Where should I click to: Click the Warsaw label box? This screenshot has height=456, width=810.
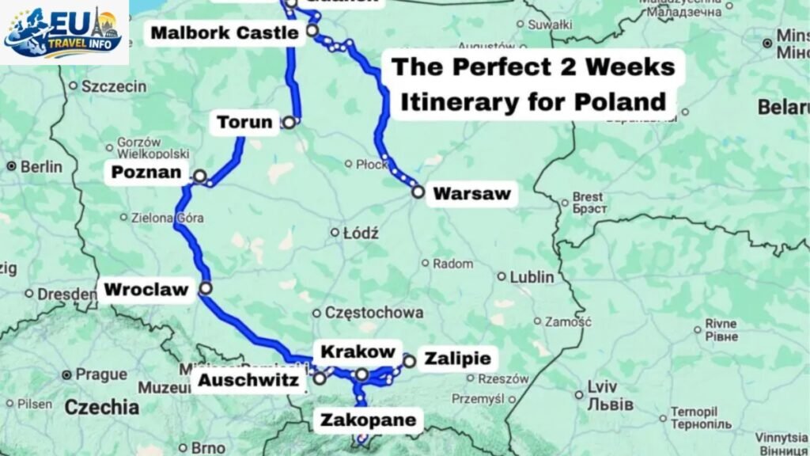472,192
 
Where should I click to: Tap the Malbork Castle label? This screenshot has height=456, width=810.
225,32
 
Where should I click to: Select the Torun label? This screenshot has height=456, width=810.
244,123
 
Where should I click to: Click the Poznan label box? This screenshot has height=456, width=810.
147,173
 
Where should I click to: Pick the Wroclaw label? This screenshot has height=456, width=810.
146,290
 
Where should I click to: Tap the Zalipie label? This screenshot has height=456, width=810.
457,359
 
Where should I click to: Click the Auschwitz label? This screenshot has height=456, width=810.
248,382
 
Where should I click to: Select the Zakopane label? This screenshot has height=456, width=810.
368,420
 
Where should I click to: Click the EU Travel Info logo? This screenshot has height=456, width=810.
64,32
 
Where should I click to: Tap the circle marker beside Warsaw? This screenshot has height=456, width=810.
418,192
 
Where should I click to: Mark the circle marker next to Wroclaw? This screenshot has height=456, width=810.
206,289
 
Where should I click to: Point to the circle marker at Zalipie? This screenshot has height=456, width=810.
409,362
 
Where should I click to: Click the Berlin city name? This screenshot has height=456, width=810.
41,167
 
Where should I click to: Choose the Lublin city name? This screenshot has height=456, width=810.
532,277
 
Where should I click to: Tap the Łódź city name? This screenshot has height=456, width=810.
361,233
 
